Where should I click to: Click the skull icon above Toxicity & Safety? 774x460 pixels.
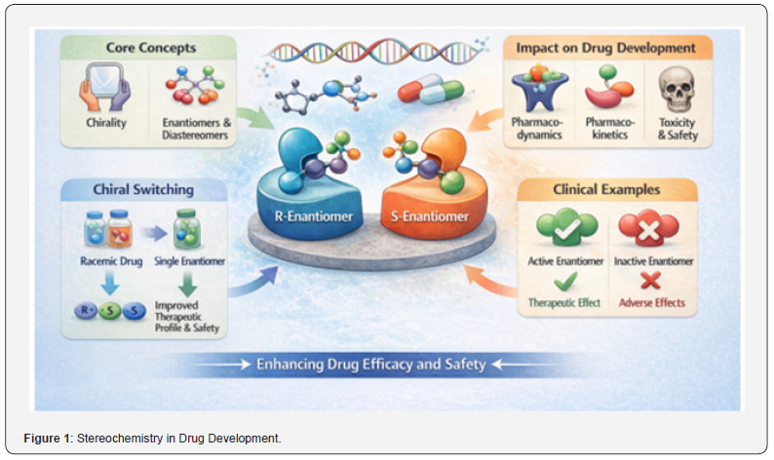(x=677, y=90)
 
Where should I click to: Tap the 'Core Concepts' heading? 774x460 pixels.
(x=151, y=48)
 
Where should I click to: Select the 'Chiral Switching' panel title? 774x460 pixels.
(x=143, y=189)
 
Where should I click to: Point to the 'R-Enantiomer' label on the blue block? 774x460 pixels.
(x=314, y=216)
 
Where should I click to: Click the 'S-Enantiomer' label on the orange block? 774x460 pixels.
(x=430, y=216)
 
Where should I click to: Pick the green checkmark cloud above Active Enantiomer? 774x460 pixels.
(x=567, y=227)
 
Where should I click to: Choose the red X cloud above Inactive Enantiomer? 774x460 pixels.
(x=648, y=227)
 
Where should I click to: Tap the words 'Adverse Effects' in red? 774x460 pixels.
(x=651, y=302)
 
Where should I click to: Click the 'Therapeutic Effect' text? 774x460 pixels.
(x=563, y=302)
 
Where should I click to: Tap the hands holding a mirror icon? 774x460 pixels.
(x=105, y=87)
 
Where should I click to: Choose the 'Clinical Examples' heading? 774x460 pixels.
(x=606, y=189)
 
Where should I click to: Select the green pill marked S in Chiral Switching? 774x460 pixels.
(x=109, y=311)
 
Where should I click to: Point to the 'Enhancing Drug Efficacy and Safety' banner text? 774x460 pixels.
(x=371, y=364)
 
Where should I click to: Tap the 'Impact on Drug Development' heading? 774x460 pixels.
(x=605, y=48)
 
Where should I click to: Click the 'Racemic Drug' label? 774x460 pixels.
(x=111, y=261)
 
